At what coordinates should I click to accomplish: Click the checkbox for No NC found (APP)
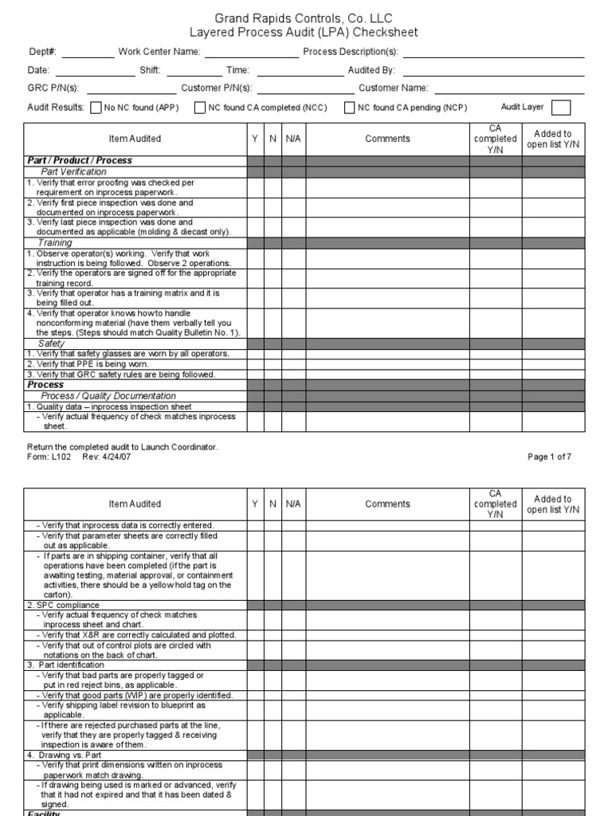96,108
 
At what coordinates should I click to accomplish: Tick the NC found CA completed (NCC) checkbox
199,108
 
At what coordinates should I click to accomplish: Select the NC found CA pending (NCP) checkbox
349,108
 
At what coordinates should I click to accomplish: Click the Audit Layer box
561,108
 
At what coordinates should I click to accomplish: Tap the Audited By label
371,70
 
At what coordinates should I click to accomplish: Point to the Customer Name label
393,88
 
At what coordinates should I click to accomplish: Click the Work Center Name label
159,53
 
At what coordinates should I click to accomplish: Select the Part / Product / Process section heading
80,161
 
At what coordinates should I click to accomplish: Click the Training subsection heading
55,242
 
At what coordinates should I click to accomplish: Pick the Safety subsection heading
51,343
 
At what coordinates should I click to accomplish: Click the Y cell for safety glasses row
255,354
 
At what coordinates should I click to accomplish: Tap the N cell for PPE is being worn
273,364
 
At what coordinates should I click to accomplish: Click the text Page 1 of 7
549,457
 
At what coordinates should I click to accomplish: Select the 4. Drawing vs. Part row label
65,755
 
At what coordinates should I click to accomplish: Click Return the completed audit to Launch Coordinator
122,446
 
